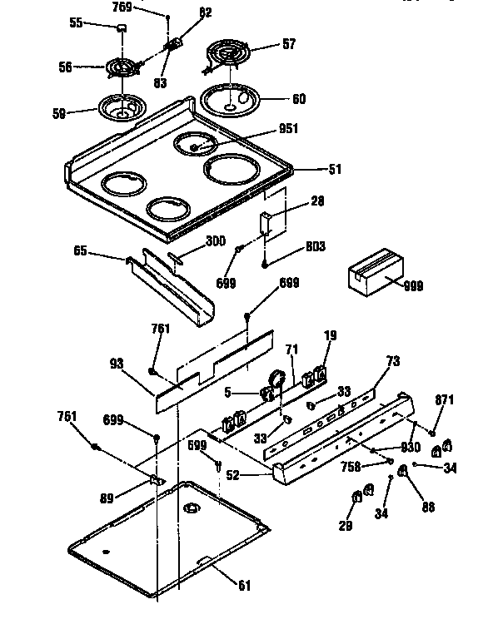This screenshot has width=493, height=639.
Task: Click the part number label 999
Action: (x=412, y=286)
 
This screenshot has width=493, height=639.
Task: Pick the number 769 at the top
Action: (x=122, y=8)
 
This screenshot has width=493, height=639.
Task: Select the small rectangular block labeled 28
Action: (x=266, y=223)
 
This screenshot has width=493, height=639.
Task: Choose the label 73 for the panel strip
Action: (x=393, y=362)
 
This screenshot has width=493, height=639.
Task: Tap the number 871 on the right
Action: (x=445, y=400)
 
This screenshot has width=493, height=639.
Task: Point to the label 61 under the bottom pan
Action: (x=243, y=586)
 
